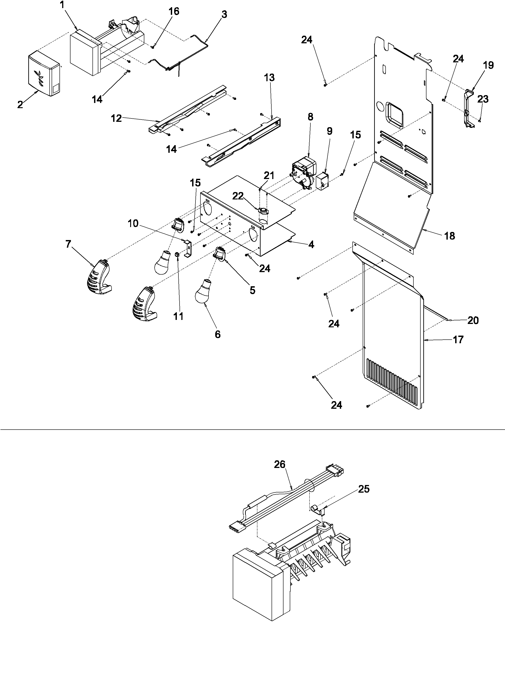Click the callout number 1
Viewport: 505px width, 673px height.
pos(62,5)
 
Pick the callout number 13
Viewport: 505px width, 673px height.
pos(269,78)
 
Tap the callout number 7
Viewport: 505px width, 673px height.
pos(68,244)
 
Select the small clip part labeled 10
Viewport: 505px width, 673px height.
pos(188,248)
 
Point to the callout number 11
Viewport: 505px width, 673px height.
pos(178,316)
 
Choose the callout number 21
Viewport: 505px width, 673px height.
pos(269,176)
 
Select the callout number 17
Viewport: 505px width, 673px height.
pos(458,340)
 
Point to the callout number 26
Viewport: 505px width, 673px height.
pos(280,465)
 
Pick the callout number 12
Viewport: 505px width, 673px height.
pos(116,118)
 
